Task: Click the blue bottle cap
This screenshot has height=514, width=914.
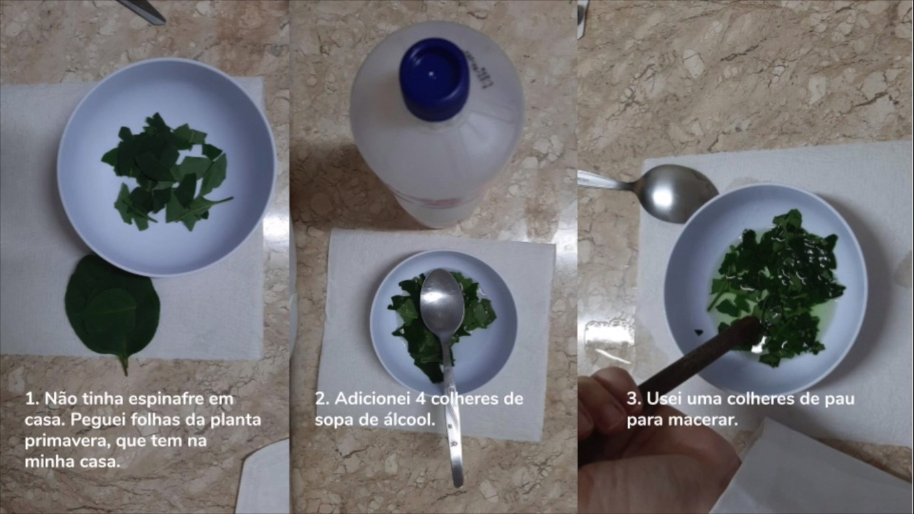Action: point(434,79)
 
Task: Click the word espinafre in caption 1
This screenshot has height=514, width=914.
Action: point(167,400)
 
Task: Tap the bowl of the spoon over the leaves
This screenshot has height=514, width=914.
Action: point(442,300)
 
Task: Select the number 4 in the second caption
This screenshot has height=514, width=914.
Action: point(420,399)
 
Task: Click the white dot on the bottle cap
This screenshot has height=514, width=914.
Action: point(432,74)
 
